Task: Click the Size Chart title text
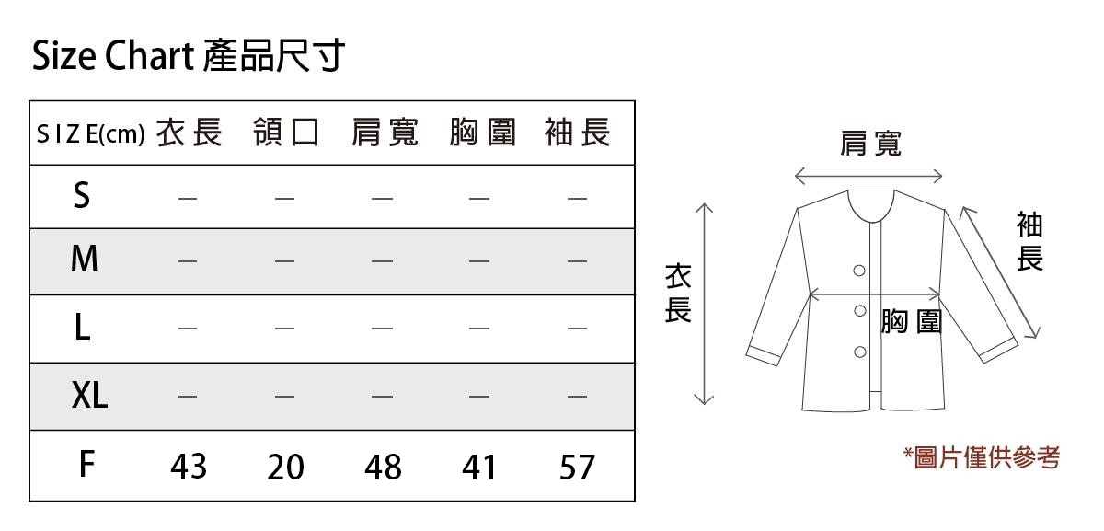(189, 57)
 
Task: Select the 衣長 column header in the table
(189, 133)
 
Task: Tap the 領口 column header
(286, 133)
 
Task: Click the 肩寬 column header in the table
(384, 133)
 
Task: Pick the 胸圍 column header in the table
(482, 133)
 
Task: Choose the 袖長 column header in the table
(578, 133)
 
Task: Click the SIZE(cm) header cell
(90, 135)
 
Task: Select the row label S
(82, 195)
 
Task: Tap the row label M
(84, 260)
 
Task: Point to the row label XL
(89, 396)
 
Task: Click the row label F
(86, 465)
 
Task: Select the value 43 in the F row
(189, 467)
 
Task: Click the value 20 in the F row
(285, 467)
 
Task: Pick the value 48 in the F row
(383, 467)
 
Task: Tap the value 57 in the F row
(578, 467)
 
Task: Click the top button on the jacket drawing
(859, 271)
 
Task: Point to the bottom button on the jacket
(860, 352)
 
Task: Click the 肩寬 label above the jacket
(870, 143)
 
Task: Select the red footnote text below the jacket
(982, 456)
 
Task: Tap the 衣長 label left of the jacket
(678, 294)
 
